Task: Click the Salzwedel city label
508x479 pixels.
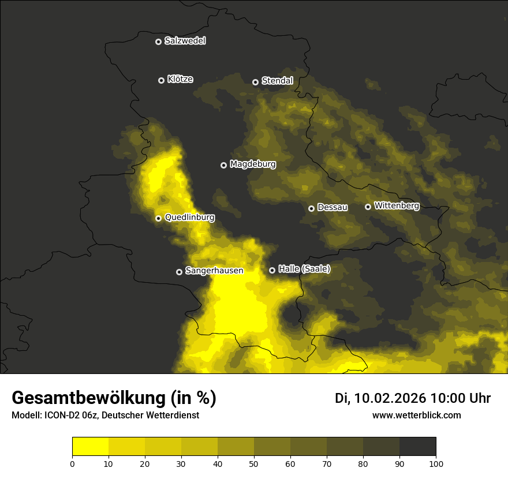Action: click(185, 41)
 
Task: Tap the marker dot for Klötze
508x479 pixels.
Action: click(162, 80)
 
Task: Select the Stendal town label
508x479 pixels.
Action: click(277, 81)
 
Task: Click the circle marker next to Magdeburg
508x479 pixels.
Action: click(224, 165)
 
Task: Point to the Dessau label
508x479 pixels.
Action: click(333, 208)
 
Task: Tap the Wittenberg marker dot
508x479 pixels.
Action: click(368, 207)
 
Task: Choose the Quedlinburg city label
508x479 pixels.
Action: click(189, 218)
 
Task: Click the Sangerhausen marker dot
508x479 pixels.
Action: click(180, 272)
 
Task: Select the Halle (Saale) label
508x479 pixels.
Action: click(304, 269)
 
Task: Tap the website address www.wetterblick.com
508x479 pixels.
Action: click(416, 415)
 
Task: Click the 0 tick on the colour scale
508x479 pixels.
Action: click(72, 463)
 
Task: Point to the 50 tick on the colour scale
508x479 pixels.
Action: click(254, 463)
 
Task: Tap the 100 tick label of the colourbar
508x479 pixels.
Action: click(436, 463)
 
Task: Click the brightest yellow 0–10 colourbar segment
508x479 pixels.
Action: click(90, 447)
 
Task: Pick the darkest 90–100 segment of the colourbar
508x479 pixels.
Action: click(417, 447)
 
